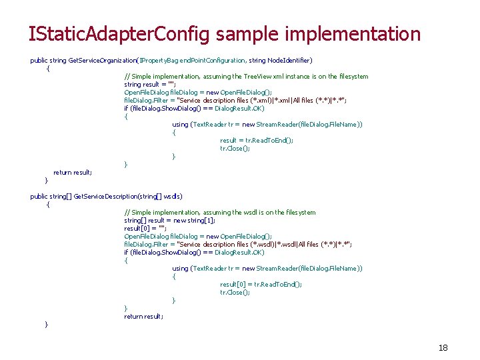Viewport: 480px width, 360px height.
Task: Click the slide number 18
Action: pos(443,347)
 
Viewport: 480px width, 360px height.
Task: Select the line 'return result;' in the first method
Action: pos(73,173)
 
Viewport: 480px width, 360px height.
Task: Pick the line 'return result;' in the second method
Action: pos(143,317)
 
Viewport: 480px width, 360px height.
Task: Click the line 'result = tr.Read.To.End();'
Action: pos(257,141)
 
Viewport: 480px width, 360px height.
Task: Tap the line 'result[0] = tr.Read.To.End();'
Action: pos(261,285)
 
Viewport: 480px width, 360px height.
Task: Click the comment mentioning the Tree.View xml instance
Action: pos(246,77)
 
